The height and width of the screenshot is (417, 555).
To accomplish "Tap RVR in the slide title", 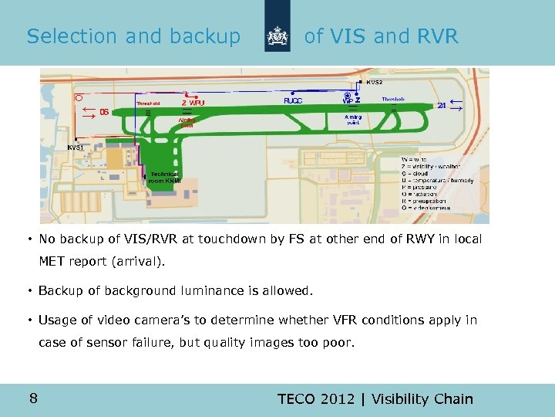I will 436,36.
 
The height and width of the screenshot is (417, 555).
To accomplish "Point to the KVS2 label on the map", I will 375,82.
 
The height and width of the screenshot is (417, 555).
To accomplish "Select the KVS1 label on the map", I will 76,147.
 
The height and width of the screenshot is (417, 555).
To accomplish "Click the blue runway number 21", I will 442,106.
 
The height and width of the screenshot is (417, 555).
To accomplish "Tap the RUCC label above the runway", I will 293,100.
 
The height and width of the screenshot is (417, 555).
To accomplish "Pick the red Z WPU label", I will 193,103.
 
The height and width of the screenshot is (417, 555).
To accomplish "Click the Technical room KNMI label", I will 164,178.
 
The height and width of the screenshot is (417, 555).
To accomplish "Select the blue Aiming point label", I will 352,120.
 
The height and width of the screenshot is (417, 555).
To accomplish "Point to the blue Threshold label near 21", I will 393,100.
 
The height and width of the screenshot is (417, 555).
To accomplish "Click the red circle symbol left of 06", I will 79,98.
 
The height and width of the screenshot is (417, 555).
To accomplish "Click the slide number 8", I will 33,398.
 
